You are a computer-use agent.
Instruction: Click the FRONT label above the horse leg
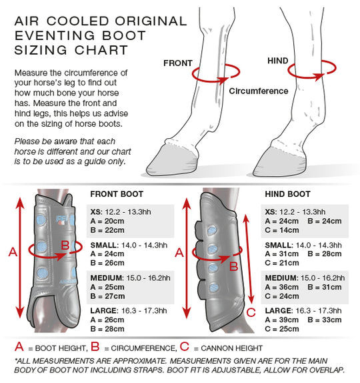178,63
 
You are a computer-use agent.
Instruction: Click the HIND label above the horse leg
278,61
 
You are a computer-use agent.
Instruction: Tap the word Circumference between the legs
259,91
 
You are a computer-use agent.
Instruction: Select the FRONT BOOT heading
117,194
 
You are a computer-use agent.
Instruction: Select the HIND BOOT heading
288,194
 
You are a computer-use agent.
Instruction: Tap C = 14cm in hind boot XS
283,230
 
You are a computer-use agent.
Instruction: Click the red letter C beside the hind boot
251,312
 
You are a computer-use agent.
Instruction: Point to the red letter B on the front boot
65,246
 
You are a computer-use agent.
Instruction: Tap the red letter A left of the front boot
11,252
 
